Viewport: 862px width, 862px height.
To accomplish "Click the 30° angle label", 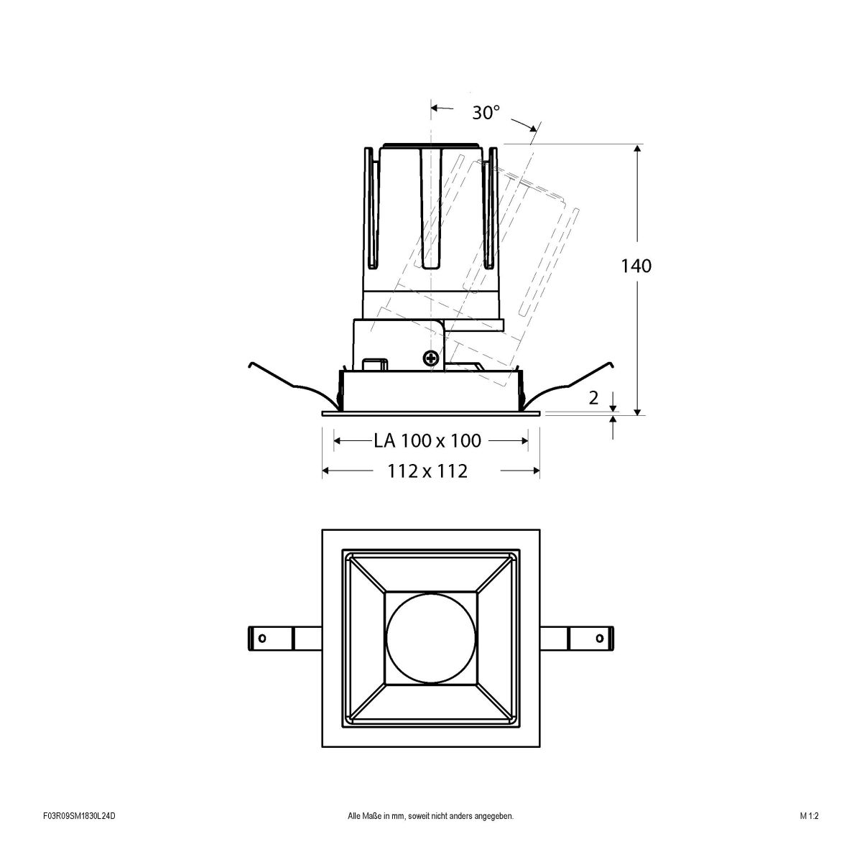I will (486, 113).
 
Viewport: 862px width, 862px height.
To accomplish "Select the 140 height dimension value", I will (636, 266).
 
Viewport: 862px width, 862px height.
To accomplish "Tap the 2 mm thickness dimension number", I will (593, 398).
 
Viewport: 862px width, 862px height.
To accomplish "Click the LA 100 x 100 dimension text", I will (427, 440).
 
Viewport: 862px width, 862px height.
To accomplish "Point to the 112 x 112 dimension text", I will (427, 471).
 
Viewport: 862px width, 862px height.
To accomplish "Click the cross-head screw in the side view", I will (431, 357).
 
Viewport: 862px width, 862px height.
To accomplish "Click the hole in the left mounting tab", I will (262, 637).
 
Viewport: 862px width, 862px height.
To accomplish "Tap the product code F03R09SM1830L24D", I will (79, 836).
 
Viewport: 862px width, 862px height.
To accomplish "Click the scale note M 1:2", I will (809, 836).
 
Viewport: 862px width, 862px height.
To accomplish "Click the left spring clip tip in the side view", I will (249, 364).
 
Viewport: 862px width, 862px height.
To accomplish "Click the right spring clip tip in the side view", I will (611, 364).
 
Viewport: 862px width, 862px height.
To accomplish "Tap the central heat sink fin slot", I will (430, 208).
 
